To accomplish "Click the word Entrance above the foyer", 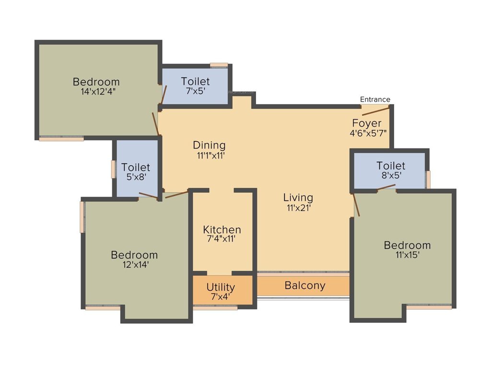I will pos(375,99).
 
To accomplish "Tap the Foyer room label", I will pos(367,123).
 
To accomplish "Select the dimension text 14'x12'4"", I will pos(98,91).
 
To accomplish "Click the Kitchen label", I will pos(222,230).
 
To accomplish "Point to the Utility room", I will pos(221,291).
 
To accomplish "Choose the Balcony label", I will pos(305,285).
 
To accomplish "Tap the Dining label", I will pos(209,145).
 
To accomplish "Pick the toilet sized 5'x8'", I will pos(136,172).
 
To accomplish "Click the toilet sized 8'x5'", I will pos(390,171).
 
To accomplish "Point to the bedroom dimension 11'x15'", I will pos(407,255).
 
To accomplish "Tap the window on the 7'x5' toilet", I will pos(219,65).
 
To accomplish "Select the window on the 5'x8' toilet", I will pos(114,170).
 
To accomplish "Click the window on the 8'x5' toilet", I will pos(428,179).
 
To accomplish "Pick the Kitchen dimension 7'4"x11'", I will pos(222,239).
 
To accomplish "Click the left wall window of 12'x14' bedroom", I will pos(82,217).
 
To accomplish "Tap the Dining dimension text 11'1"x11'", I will pos(209,155).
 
